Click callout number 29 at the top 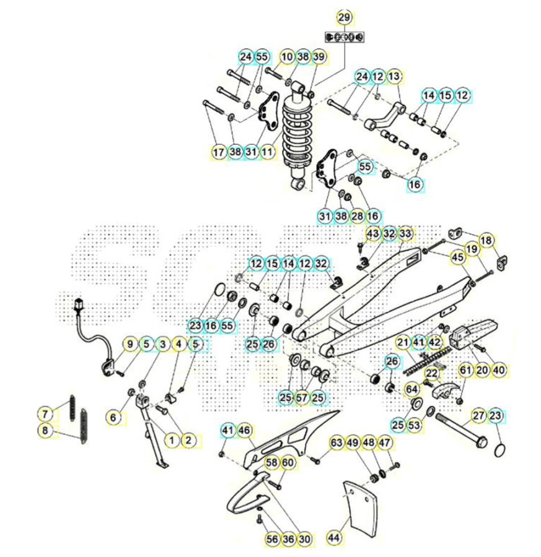[x=344, y=17]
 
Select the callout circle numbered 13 [x=394, y=76]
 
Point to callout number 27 [x=479, y=416]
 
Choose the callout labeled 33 [x=405, y=233]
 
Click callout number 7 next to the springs [x=45, y=414]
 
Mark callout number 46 [x=244, y=431]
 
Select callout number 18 [x=486, y=241]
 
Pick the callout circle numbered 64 [x=412, y=389]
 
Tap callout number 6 [x=113, y=417]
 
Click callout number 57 [x=302, y=398]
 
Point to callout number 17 [x=219, y=152]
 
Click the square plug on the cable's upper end [x=79, y=304]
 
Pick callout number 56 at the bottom [x=272, y=539]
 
